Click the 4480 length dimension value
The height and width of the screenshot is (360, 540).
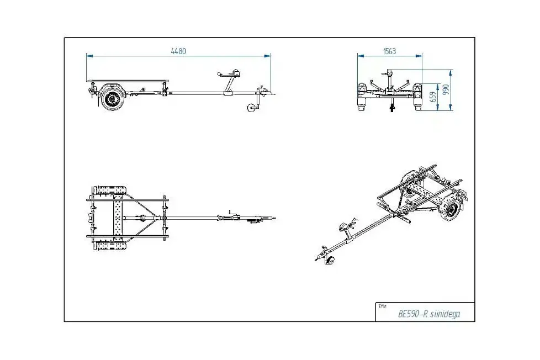click(178, 51)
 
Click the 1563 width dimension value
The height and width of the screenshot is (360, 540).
click(389, 51)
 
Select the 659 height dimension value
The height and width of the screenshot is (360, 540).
click(433, 97)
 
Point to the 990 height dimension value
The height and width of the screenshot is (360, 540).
click(446, 89)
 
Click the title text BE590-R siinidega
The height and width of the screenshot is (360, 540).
click(429, 314)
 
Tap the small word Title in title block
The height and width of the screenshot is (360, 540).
click(382, 306)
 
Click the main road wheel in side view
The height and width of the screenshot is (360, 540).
click(112, 99)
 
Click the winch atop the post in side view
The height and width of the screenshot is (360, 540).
click(235, 74)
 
